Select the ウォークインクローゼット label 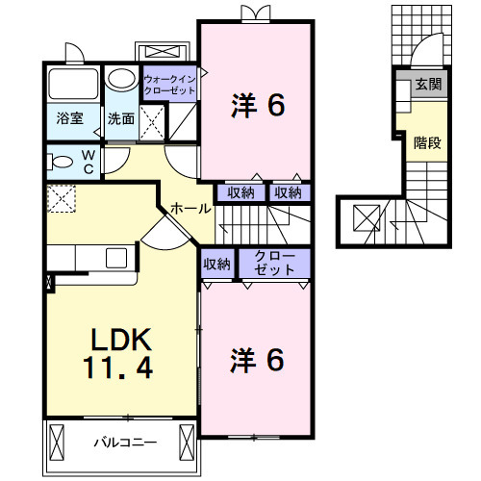(169, 84)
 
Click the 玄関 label (428, 85)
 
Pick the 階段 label (428, 142)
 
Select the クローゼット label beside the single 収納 (273, 263)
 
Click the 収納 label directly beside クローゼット (216, 263)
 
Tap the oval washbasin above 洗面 (120, 78)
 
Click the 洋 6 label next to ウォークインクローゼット (257, 104)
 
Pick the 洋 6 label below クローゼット (257, 360)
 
